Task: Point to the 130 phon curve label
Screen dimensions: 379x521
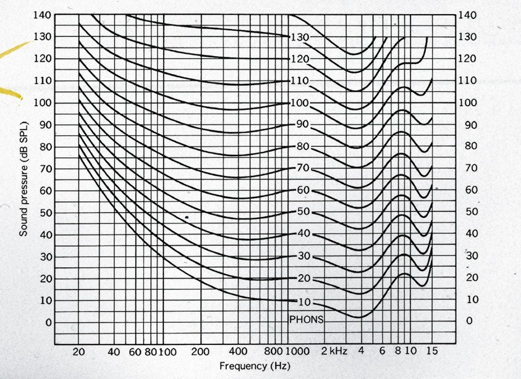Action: (299, 37)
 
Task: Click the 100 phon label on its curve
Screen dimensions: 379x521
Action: (299, 102)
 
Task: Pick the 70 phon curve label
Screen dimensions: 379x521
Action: (302, 168)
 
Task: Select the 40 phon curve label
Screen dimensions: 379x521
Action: (302, 234)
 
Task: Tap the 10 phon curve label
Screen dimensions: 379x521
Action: (302, 302)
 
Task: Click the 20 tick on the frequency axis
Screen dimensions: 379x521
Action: (79, 352)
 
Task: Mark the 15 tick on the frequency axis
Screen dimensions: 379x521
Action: (431, 352)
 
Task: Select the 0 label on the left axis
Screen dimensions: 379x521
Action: (46, 322)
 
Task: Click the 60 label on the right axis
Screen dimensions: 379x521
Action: (472, 190)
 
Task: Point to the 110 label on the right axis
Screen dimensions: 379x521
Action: (469, 80)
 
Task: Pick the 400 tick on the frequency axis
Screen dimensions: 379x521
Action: (238, 352)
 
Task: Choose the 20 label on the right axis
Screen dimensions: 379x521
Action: (472, 278)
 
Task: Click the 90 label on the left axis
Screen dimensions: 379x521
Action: (44, 125)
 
